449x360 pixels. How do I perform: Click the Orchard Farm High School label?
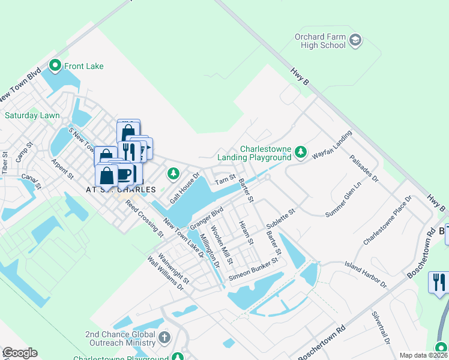(320, 41)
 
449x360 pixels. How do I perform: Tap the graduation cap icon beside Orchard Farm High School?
(355, 41)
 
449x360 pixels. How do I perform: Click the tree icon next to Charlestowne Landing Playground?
(301, 153)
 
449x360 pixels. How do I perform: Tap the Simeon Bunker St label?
(254, 270)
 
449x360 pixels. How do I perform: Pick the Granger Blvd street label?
(206, 217)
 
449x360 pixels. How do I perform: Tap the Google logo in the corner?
(20, 353)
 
